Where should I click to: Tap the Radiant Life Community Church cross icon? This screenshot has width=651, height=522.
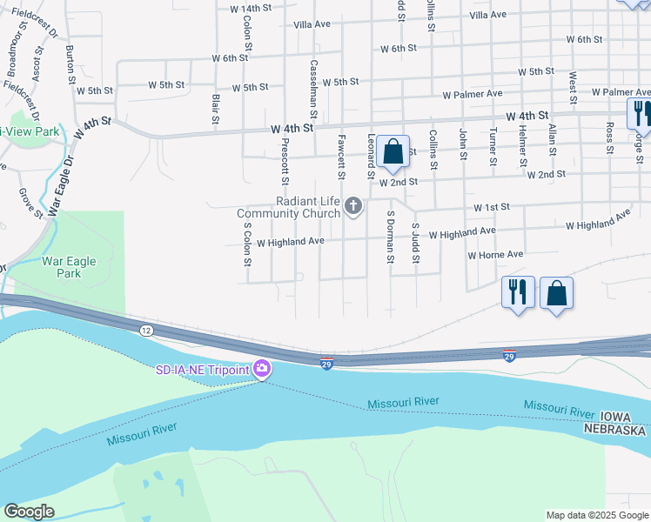[352, 206]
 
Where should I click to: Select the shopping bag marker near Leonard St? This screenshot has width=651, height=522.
[393, 152]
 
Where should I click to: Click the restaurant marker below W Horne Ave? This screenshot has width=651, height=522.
[518, 292]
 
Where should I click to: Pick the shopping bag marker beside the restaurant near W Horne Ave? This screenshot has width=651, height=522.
[557, 292]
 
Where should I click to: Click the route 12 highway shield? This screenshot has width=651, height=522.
[146, 330]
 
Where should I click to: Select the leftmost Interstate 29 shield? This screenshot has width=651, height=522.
[326, 365]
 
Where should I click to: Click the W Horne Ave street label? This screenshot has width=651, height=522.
[495, 255]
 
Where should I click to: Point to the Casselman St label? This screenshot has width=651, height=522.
[312, 90]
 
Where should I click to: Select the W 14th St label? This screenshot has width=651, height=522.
[251, 9]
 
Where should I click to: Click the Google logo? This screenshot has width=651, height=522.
[29, 512]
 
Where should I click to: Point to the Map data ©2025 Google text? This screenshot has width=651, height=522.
[597, 515]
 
